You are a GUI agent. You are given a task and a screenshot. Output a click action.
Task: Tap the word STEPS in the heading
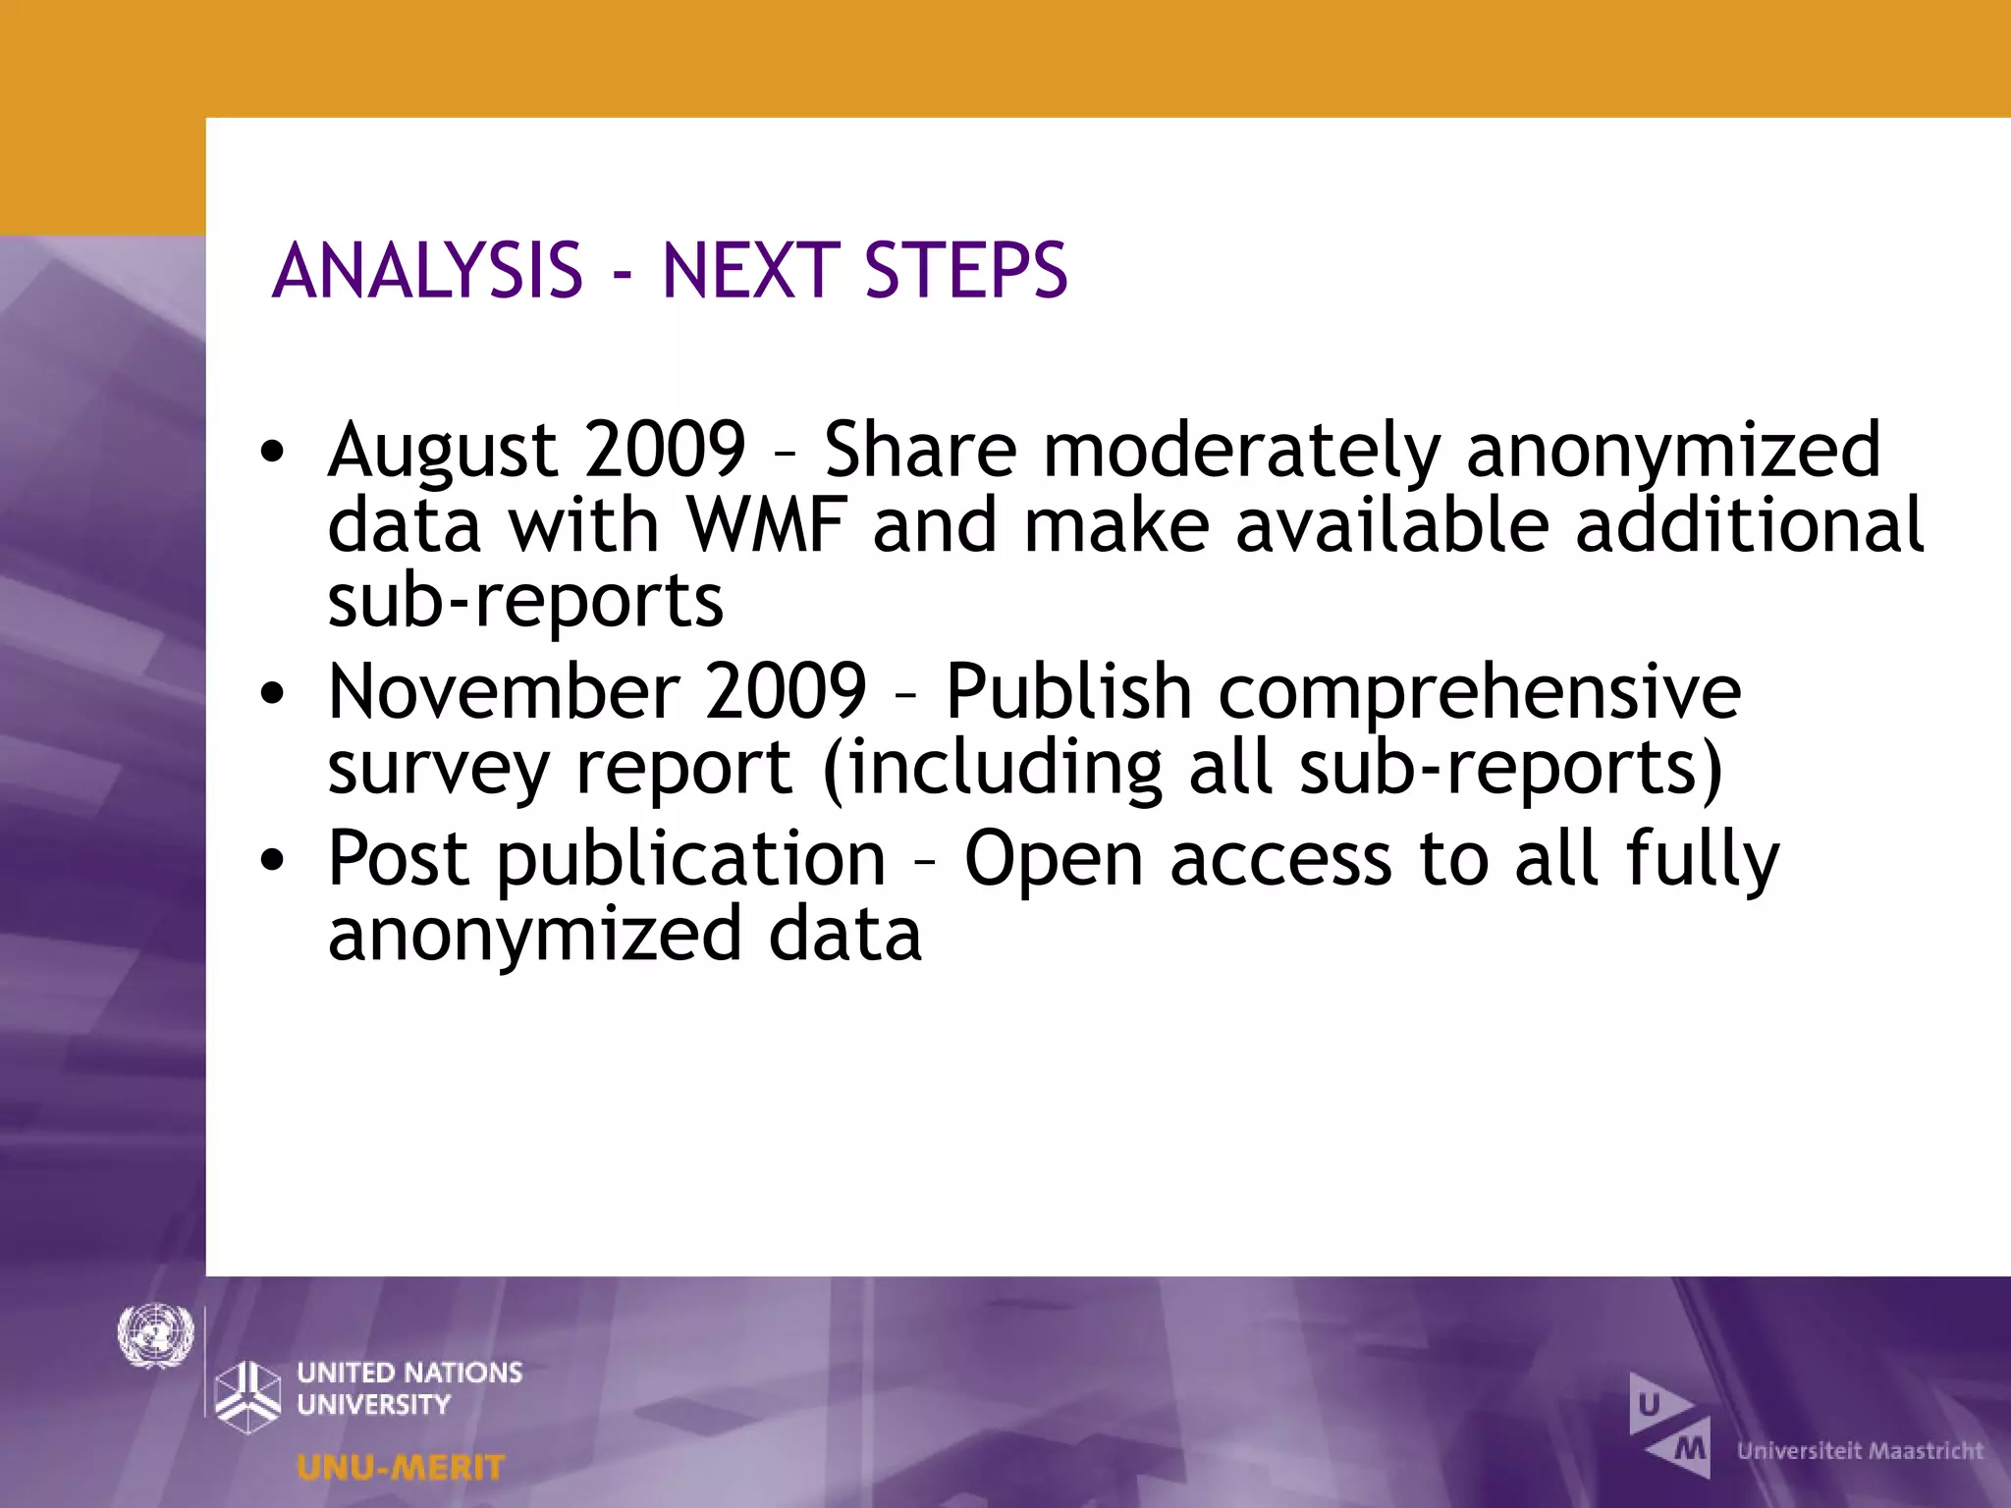coord(966,271)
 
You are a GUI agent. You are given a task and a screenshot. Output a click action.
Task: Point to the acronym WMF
coord(766,525)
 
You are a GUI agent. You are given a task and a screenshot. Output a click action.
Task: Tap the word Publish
coord(1068,692)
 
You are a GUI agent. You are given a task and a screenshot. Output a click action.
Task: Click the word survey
coord(438,769)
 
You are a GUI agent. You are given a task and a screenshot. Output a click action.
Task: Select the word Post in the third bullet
coord(398,859)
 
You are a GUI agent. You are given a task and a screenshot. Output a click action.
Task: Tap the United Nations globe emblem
coord(155,1335)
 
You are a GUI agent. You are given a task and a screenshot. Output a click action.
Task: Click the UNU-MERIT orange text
coord(401,1468)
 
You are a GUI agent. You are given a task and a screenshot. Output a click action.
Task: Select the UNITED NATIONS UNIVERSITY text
coord(409,1387)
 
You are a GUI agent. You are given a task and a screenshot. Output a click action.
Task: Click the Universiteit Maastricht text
coord(1860,1451)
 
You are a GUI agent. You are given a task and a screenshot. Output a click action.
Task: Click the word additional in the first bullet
coord(1749,525)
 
